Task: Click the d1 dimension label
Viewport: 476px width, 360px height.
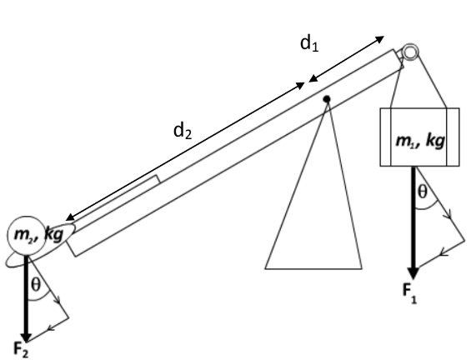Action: click(x=309, y=43)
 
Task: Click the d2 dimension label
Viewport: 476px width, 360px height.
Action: click(x=183, y=131)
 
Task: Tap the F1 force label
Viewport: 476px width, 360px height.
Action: click(x=409, y=293)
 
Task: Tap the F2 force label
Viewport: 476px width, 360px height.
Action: click(x=21, y=349)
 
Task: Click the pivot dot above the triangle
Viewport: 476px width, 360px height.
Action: click(x=327, y=99)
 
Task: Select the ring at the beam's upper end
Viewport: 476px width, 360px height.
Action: click(x=410, y=52)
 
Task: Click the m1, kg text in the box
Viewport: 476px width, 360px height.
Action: click(x=420, y=141)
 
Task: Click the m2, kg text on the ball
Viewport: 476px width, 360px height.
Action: click(x=38, y=235)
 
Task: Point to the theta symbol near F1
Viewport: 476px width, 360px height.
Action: click(x=423, y=192)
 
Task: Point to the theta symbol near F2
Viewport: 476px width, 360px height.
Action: click(x=36, y=285)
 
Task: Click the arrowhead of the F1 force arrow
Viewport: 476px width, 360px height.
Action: click(x=413, y=272)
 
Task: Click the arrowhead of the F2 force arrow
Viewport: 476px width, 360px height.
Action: click(x=26, y=337)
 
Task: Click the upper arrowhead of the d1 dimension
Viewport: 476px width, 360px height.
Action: click(x=380, y=38)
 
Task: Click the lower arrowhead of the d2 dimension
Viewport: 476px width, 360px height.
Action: click(x=69, y=217)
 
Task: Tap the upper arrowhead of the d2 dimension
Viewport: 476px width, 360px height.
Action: click(x=300, y=85)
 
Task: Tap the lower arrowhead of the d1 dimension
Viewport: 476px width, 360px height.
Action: click(x=313, y=79)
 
